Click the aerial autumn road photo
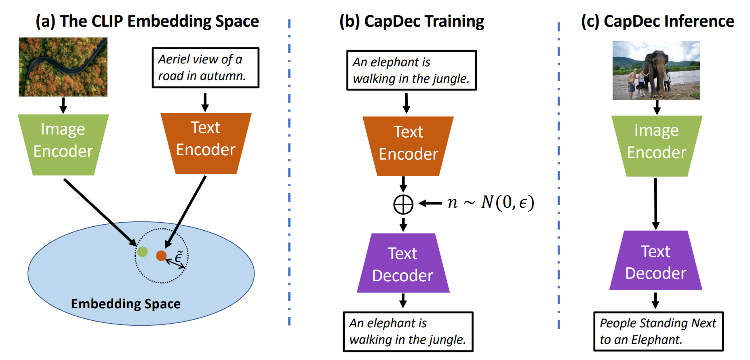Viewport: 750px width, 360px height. tap(63, 67)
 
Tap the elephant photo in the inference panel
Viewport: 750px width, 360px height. tap(656, 70)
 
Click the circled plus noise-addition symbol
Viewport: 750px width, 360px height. tap(403, 204)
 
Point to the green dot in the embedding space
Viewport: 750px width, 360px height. tap(142, 252)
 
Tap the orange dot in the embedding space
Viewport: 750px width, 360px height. tap(161, 255)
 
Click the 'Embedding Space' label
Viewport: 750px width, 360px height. tap(126, 304)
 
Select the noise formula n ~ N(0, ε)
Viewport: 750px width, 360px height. tap(491, 202)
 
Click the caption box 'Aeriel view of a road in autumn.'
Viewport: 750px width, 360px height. tap(205, 68)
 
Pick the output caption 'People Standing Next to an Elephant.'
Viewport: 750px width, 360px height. tap(658, 331)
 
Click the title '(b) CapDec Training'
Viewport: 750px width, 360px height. tap(411, 21)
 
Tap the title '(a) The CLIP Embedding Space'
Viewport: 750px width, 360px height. tap(147, 21)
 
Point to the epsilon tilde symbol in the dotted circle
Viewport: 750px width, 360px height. tap(179, 256)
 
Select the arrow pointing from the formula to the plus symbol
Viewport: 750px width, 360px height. tap(431, 203)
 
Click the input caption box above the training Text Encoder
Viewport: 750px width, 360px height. tap(411, 70)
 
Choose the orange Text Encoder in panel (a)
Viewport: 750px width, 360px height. tap(206, 143)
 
